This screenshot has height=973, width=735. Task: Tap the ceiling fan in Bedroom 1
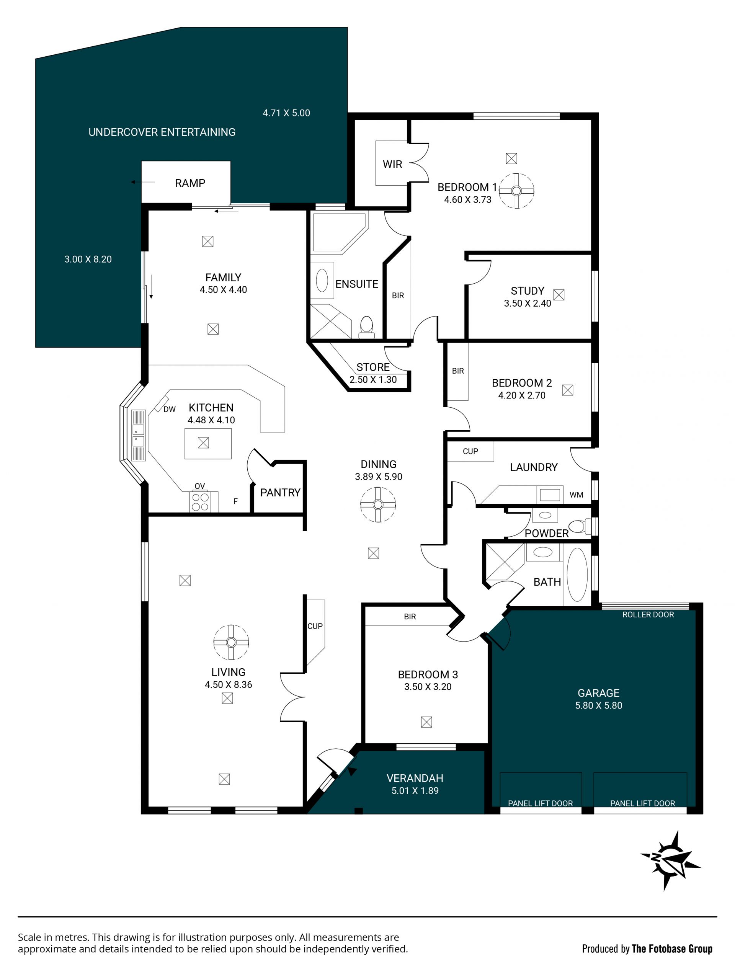[516, 191]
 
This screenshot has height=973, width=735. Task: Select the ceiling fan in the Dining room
[378, 504]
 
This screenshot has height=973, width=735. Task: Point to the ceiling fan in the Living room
[231, 643]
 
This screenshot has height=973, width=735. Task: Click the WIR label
[392, 164]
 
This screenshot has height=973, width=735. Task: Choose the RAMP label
[190, 183]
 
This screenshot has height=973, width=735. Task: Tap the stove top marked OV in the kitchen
[200, 502]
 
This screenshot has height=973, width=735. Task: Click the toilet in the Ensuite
[366, 327]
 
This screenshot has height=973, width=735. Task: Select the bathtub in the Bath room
[577, 575]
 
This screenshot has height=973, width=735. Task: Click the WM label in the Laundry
[576, 495]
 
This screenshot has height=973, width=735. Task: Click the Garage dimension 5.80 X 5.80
[598, 705]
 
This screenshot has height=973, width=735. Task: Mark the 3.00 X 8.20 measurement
[88, 259]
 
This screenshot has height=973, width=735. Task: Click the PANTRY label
[280, 492]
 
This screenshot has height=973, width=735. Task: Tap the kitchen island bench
[208, 443]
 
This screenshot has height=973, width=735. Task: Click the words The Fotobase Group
[672, 949]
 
